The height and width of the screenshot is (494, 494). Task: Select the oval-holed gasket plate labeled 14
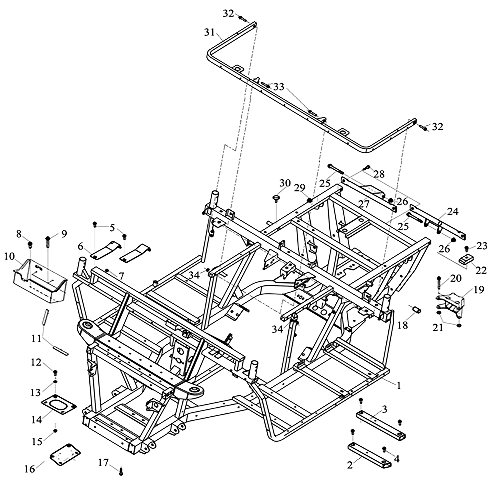coord(59,405)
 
